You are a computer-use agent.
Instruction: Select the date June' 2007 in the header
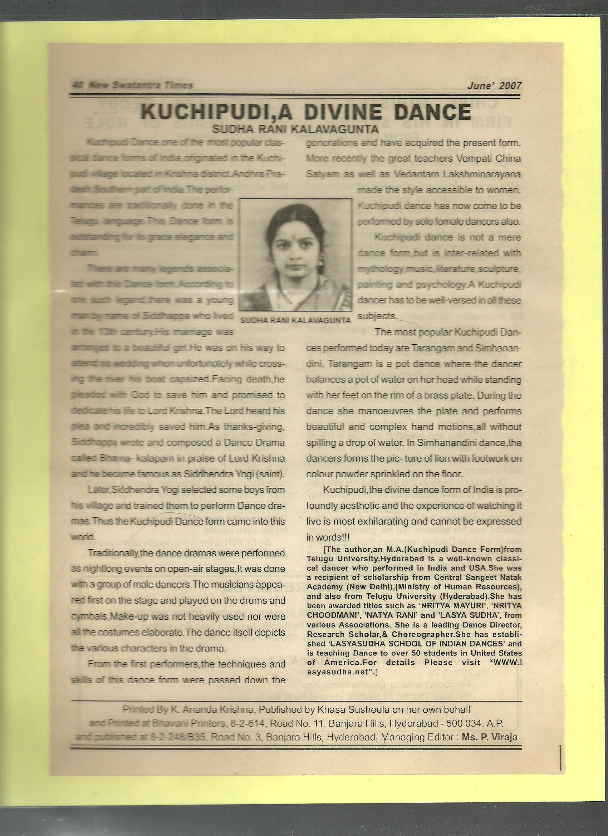494,86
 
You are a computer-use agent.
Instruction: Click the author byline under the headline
295,129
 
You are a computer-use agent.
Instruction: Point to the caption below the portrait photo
295,321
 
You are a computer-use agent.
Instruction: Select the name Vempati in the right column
452,159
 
